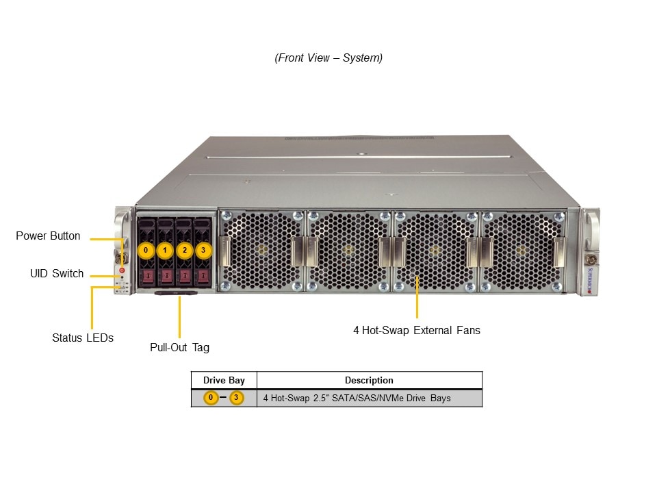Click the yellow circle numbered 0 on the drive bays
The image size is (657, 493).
146,250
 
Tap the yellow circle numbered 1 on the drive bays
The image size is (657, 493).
165,250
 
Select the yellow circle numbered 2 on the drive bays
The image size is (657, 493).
184,250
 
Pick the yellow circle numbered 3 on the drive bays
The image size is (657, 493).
203,250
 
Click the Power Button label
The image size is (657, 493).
48,236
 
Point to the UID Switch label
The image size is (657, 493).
57,274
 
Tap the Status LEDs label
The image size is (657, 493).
83,338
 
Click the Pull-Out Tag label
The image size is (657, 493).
179,347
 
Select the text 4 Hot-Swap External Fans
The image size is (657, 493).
417,330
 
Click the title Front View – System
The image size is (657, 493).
328,58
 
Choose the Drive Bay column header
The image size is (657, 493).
224,380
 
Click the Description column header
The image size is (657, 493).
369,380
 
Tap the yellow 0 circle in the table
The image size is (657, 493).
211,398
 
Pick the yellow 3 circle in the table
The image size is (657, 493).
236,398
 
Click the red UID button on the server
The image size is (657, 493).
123,271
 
